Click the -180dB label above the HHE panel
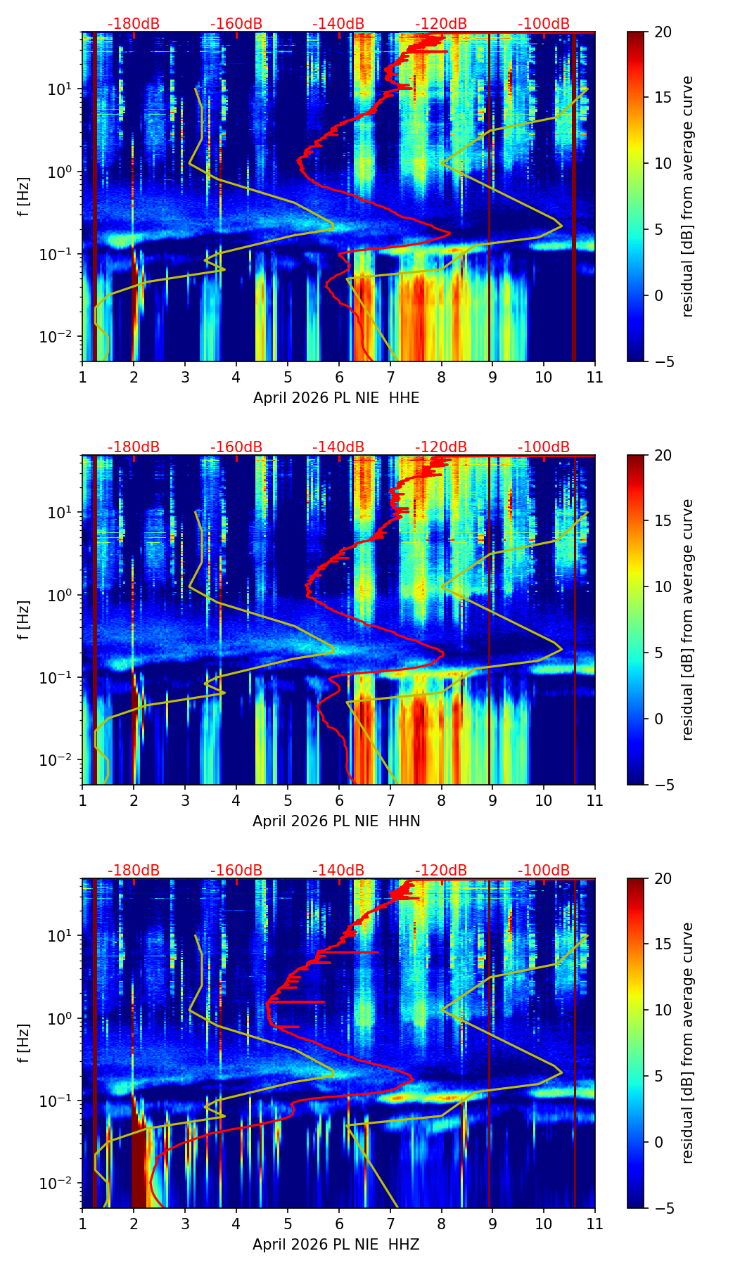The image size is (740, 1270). tap(134, 24)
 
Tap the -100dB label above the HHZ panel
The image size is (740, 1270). tap(544, 871)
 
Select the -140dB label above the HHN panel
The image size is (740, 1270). tap(338, 447)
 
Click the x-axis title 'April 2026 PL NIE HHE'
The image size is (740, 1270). tap(336, 398)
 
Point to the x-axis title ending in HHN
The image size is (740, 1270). tap(336, 821)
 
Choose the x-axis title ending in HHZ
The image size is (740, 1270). tap(336, 1245)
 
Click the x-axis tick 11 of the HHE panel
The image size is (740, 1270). tap(594, 377)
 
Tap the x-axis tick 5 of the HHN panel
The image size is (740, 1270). tap(288, 800)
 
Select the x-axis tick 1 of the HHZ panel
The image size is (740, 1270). tap(82, 1224)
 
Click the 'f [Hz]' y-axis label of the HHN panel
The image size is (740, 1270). tap(24, 620)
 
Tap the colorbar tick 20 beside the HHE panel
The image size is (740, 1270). tap(663, 32)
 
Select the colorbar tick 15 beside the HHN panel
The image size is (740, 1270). tap(663, 521)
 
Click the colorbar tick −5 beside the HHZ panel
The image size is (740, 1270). tap(663, 1208)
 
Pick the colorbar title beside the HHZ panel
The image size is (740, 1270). tap(687, 1043)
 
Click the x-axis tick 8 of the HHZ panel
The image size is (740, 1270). tap(442, 1224)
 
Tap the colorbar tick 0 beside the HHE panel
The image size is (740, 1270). tap(659, 295)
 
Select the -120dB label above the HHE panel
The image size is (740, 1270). tap(441, 24)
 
